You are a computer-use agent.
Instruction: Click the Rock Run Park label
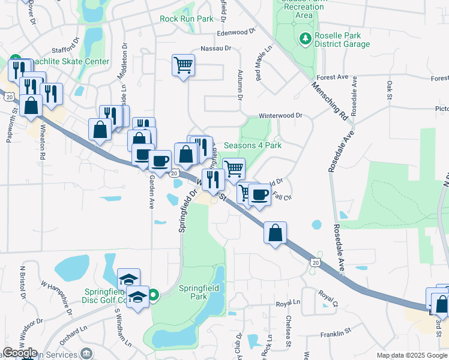coord(187,19)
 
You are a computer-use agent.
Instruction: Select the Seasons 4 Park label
coord(253,145)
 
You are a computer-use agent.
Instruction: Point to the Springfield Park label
coord(201,292)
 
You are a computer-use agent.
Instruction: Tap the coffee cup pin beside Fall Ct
coord(259,195)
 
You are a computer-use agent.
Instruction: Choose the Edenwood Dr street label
coord(237,32)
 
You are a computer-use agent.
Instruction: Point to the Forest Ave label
coord(333,77)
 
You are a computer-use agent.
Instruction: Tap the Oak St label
coord(389,91)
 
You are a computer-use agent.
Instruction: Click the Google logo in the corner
coord(19,353)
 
